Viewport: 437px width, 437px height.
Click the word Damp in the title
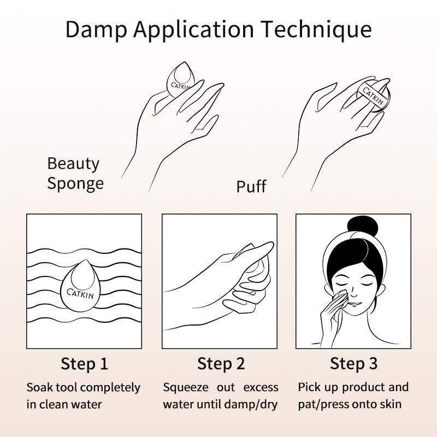pos(96,29)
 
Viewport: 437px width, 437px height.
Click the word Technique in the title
pos(316,29)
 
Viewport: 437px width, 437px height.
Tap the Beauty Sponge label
pos(75,173)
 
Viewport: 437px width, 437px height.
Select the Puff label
pos(251,186)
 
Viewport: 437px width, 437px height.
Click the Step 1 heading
pos(84,364)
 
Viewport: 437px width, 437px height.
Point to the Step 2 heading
pos(221,364)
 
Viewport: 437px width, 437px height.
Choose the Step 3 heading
pos(353,363)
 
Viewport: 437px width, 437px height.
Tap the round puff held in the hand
pos(373,95)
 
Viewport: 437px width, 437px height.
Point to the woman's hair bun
pos(363,226)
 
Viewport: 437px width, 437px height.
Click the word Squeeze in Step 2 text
pos(185,388)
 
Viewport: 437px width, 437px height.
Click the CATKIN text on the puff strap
pos(373,95)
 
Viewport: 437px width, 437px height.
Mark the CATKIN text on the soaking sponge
pos(80,293)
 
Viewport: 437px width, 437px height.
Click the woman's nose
pos(353,293)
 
